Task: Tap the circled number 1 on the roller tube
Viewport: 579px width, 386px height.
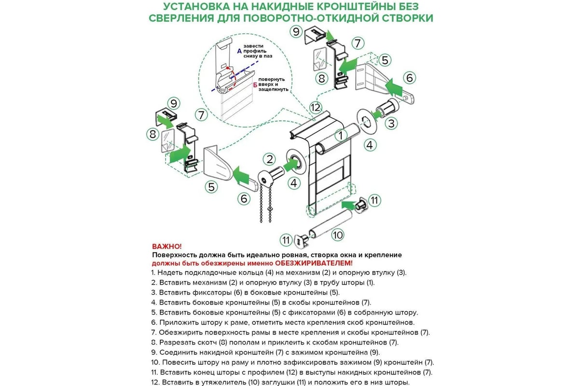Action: pos(340,136)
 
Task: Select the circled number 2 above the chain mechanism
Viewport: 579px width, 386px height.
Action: pos(269,159)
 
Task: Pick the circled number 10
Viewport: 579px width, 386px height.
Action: pos(337,234)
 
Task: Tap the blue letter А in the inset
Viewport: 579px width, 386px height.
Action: pos(240,51)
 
